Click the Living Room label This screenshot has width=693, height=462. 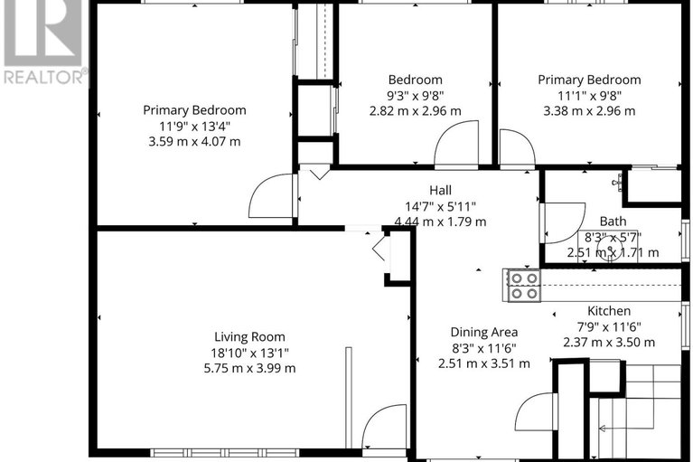pos(242,335)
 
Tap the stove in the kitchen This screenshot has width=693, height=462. pos(523,285)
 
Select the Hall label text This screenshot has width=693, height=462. pos(440,190)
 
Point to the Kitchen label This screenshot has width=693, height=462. pos(610,311)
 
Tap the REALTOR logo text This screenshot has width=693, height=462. pos(45,78)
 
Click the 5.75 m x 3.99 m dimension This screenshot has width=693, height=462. pos(242,368)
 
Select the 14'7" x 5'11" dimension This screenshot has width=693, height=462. pos(440,206)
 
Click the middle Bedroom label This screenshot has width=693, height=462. pos(416,80)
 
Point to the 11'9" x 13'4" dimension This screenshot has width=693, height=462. pos(194,126)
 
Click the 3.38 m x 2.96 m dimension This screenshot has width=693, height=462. pos(589,111)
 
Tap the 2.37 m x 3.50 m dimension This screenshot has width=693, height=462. pos(610,342)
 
